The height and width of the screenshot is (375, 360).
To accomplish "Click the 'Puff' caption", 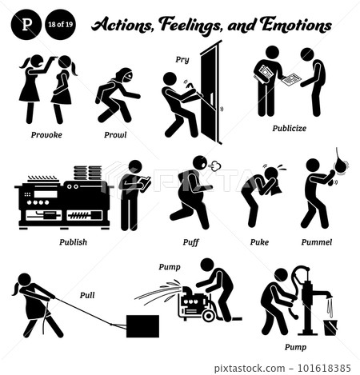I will [x=192, y=238].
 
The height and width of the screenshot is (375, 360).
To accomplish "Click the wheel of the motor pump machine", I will [x=209, y=315].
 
